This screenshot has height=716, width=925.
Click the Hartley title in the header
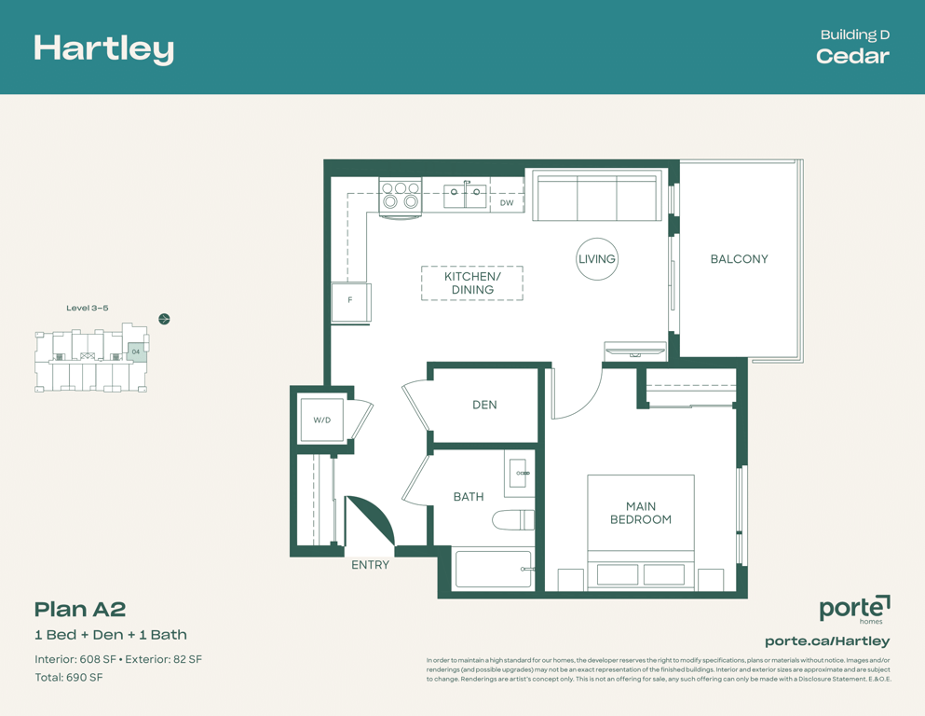click(103, 49)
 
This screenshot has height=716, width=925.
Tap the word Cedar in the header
click(852, 56)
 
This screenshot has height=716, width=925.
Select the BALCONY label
click(740, 259)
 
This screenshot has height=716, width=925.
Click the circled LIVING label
click(597, 258)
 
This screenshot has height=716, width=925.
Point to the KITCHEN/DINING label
click(472, 283)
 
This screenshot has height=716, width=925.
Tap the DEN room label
click(484, 405)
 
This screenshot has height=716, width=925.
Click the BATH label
click(469, 497)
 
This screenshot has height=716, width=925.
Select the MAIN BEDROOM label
click(641, 513)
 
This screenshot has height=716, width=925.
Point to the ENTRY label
click(371, 565)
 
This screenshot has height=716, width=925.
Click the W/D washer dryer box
click(321, 420)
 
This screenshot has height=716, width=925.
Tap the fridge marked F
click(350, 302)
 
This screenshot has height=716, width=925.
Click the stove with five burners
click(401, 196)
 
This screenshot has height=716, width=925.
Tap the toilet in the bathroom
click(513, 520)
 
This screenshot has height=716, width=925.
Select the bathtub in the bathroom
click(494, 569)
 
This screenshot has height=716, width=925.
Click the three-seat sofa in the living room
click(595, 196)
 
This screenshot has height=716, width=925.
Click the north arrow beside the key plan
click(165, 320)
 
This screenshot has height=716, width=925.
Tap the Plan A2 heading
click(80, 609)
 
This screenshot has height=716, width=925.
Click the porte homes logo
click(855, 609)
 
